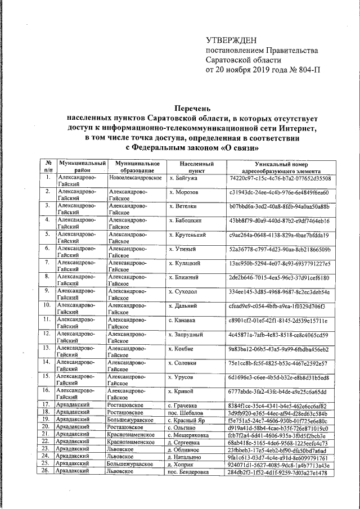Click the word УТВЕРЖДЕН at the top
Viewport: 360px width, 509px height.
[x=232, y=40]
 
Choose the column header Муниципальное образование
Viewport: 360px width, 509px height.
[x=136, y=167]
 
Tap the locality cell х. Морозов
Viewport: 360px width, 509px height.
[x=184, y=192]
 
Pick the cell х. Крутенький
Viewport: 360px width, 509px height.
[x=188, y=235]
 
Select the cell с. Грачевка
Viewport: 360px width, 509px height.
[x=184, y=406]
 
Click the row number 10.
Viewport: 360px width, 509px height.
[x=48, y=306]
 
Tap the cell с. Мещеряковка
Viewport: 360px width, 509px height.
[x=192, y=435]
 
